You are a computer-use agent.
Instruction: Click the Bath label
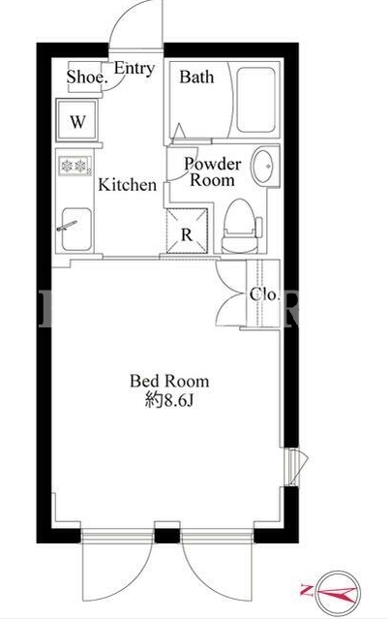point(196,77)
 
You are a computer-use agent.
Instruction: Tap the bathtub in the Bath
point(255,100)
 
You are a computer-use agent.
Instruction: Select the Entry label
point(134,69)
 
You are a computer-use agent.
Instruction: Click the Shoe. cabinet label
point(87,77)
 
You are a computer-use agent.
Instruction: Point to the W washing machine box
point(76,120)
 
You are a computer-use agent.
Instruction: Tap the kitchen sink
point(76,229)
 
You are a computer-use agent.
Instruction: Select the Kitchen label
point(127,185)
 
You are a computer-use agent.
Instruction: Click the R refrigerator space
point(187,231)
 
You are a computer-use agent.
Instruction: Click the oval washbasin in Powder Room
point(263,166)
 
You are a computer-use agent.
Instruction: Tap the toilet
point(241,226)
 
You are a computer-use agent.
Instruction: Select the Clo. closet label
point(264,294)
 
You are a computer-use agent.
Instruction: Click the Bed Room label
point(169,382)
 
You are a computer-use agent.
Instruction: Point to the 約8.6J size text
point(168,401)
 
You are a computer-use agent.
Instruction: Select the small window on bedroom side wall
point(294,467)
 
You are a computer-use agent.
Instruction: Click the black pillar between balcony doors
point(167,536)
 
